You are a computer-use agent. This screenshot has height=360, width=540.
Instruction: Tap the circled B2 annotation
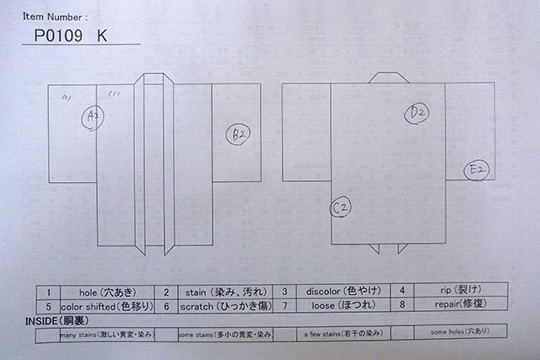(x=238, y=133)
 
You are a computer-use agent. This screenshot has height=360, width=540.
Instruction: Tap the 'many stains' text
(x=106, y=335)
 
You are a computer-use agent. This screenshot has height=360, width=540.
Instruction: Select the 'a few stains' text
(x=342, y=335)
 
